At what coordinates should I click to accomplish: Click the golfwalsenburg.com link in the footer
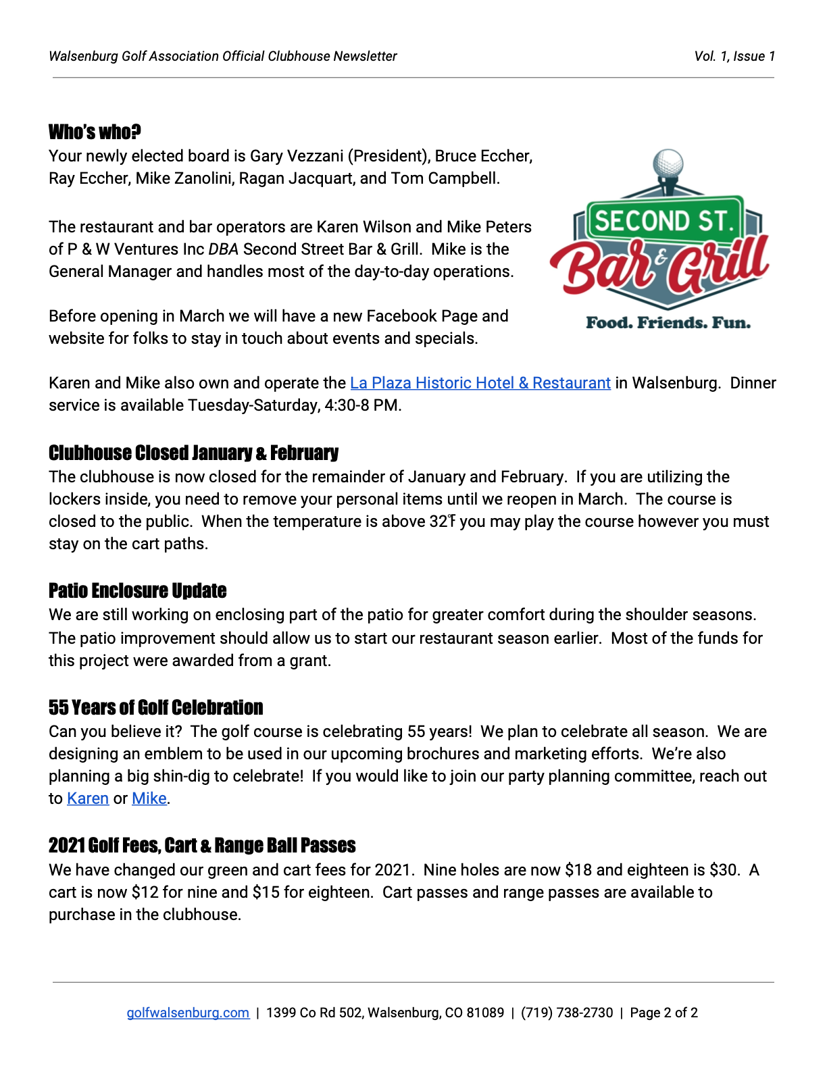[188, 1013]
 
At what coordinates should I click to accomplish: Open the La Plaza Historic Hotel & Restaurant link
[480, 383]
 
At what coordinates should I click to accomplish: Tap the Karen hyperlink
[88, 798]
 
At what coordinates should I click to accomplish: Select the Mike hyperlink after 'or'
[149, 798]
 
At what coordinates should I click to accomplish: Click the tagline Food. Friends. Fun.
[668, 323]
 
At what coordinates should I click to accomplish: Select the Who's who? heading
[95, 132]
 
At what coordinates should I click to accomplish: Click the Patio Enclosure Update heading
[137, 590]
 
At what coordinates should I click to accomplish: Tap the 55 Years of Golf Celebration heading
[155, 707]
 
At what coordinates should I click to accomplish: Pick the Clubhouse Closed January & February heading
[193, 453]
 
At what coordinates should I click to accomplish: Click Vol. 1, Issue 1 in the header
[734, 56]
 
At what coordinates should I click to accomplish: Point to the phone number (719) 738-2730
[567, 1013]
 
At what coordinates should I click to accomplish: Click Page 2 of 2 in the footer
[663, 1013]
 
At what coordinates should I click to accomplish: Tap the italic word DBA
[223, 249]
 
